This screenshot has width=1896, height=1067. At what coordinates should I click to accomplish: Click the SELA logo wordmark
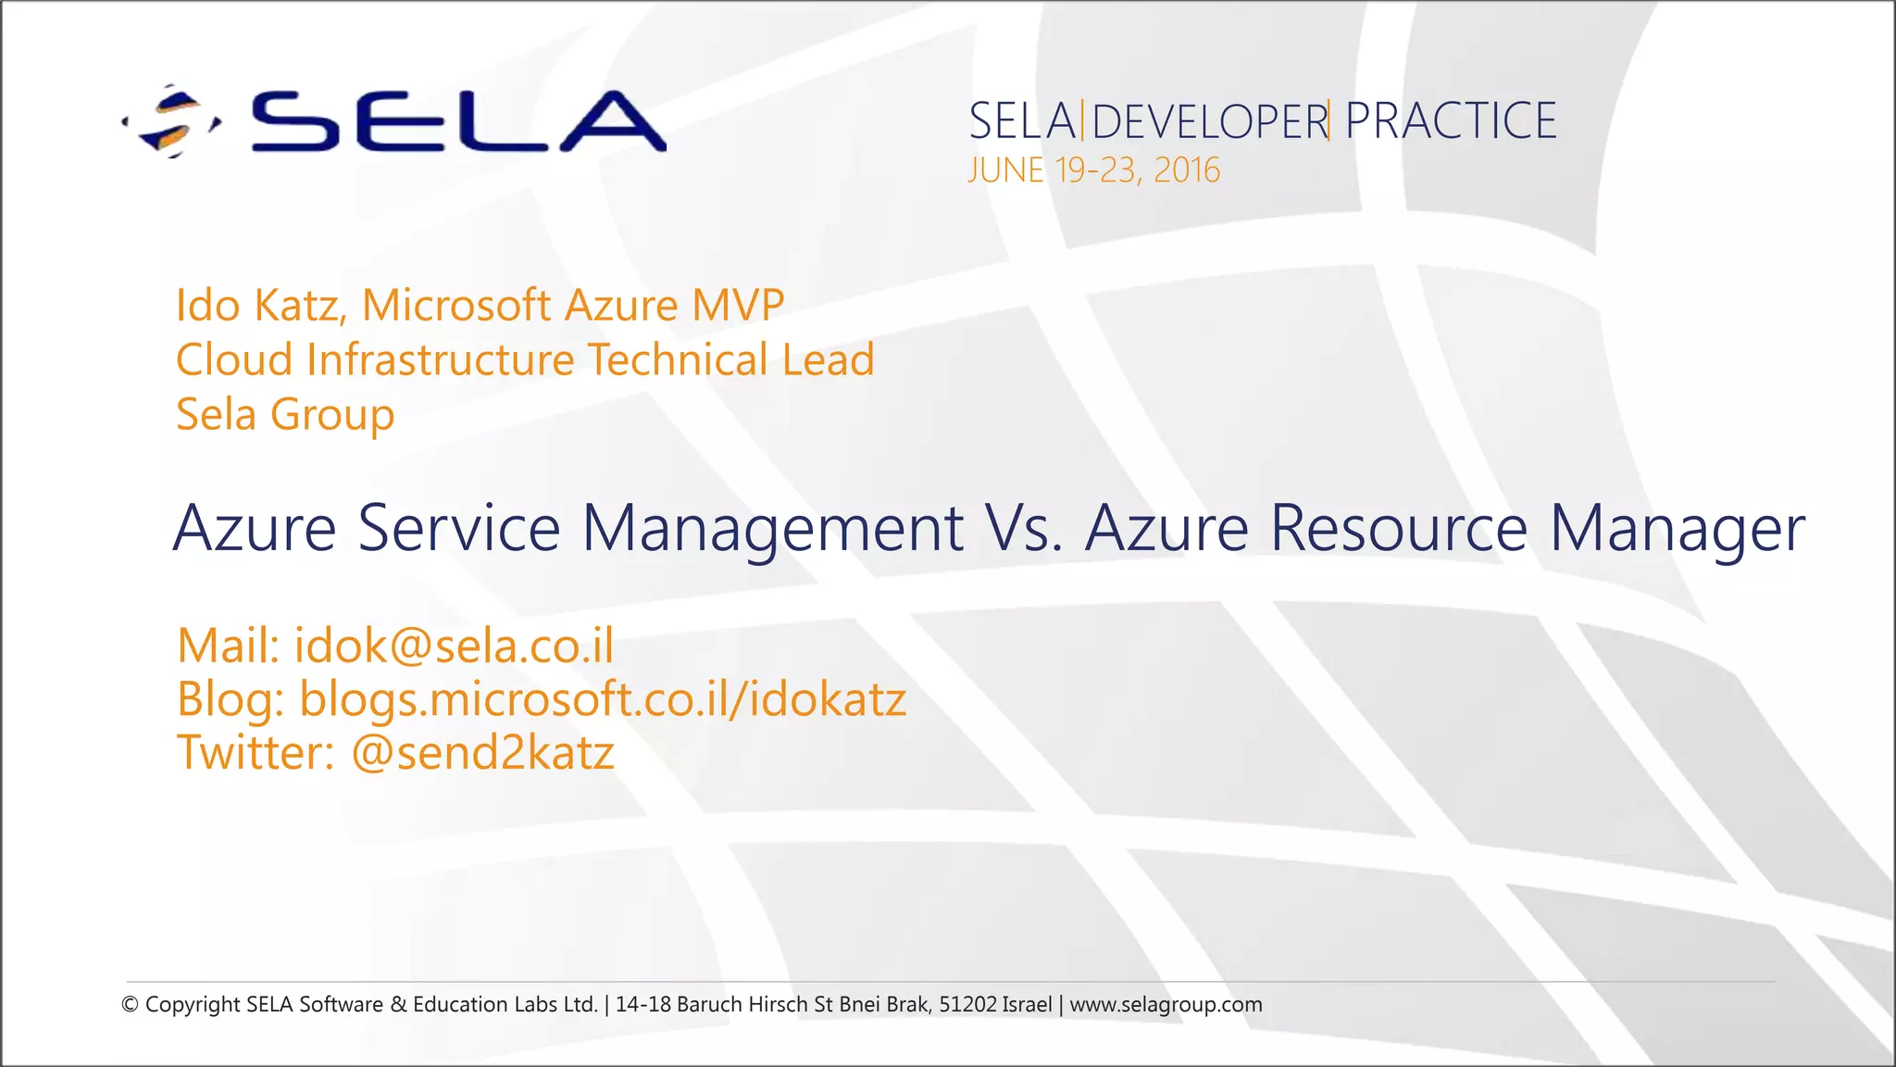click(458, 121)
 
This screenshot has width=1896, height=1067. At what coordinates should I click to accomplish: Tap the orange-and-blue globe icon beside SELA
click(171, 121)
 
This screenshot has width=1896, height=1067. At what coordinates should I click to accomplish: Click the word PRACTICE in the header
click(1451, 121)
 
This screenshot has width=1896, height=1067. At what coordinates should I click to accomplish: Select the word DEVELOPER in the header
click(1209, 122)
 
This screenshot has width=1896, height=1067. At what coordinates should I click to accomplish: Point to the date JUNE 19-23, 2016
click(1093, 170)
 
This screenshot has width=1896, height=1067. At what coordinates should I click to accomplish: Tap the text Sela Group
click(285, 414)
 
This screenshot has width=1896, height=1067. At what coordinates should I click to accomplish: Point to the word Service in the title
click(458, 528)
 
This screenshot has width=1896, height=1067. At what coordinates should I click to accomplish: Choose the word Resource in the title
click(1398, 528)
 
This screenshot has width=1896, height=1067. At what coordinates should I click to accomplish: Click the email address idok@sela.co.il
click(454, 646)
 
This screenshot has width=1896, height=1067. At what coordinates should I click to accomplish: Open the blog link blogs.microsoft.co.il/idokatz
click(602, 699)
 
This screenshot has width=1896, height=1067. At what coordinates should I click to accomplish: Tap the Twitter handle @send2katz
click(482, 752)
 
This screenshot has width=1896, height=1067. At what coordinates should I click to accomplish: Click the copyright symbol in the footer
click(131, 1005)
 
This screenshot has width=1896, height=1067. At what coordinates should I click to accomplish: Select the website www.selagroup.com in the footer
click(1166, 1005)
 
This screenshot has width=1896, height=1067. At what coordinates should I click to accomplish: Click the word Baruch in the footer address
click(709, 1005)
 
